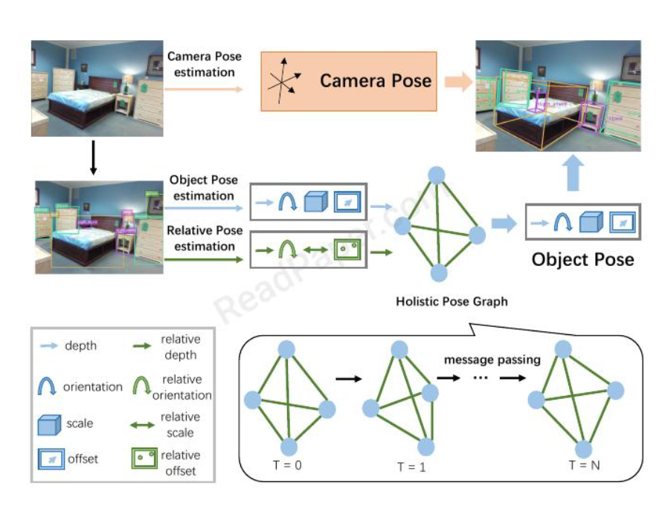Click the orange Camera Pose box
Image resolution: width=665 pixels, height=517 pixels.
pyautogui.click(x=347, y=81)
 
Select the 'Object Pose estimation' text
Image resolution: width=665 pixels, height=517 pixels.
pyautogui.click(x=203, y=188)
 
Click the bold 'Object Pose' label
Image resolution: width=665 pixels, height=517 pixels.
pyautogui.click(x=582, y=259)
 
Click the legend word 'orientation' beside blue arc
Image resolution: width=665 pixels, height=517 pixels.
pyautogui.click(x=93, y=387)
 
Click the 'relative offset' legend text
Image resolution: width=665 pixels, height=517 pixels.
pyautogui.click(x=180, y=463)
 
